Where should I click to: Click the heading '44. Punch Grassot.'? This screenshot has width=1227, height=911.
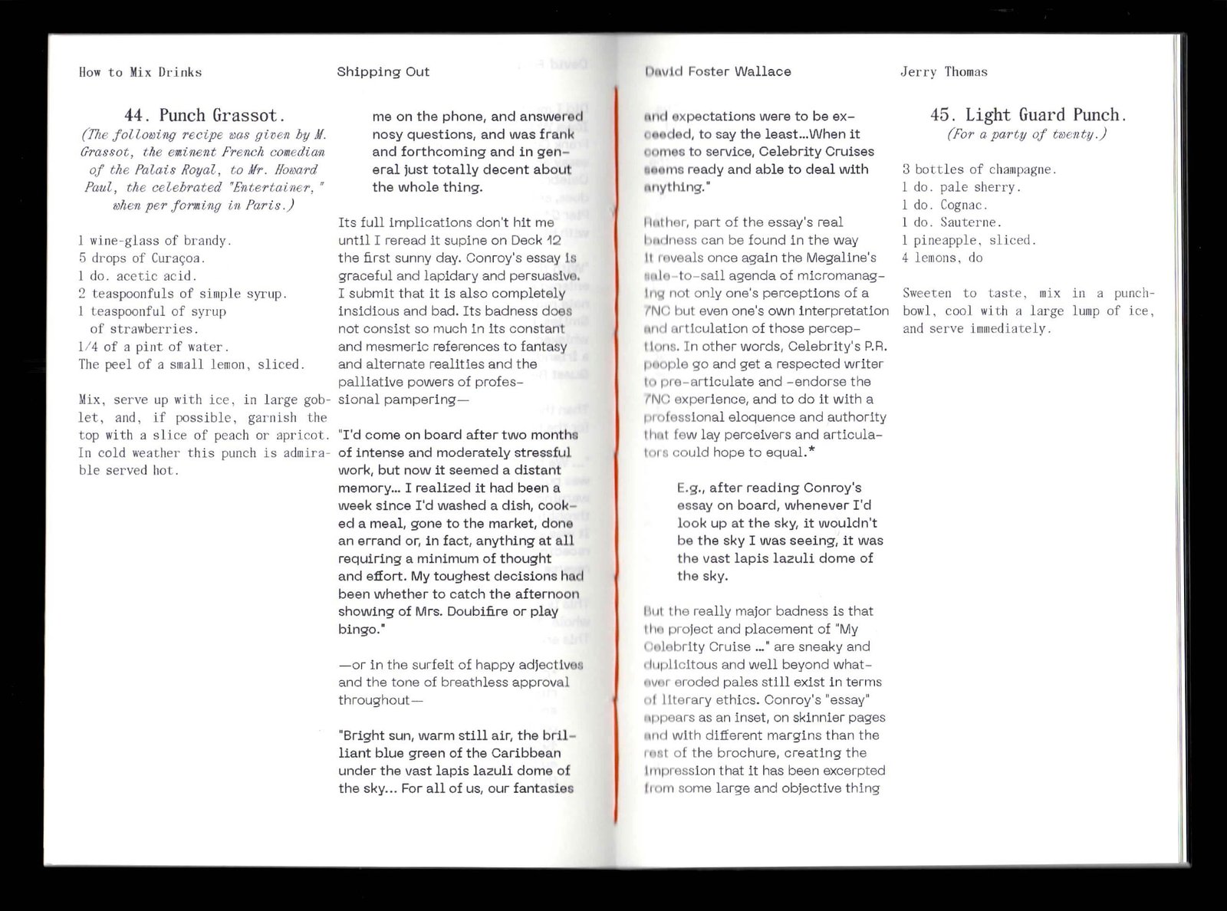pyautogui.click(x=205, y=116)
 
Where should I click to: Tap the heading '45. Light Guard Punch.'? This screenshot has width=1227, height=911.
pyautogui.click(x=1028, y=115)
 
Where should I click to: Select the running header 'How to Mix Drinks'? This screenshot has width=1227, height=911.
pyautogui.click(x=140, y=72)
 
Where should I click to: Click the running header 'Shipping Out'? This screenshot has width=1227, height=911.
pyautogui.click(x=383, y=72)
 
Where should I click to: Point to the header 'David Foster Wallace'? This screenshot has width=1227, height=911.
pyautogui.click(x=718, y=71)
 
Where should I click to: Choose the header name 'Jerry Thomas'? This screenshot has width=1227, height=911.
pyautogui.click(x=943, y=72)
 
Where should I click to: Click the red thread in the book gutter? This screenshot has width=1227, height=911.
pyautogui.click(x=615, y=460)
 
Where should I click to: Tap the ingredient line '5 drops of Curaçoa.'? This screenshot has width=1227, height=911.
pyautogui.click(x=142, y=258)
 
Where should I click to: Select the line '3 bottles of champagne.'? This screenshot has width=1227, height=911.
pyautogui.click(x=979, y=169)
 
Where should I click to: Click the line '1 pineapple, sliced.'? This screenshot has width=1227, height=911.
pyautogui.click(x=969, y=240)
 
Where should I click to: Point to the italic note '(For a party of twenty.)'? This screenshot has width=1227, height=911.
pyautogui.click(x=1028, y=134)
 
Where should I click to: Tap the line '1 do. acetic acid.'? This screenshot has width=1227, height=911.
pyautogui.click(x=138, y=276)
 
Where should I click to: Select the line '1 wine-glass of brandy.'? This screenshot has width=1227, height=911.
pyautogui.click(x=155, y=241)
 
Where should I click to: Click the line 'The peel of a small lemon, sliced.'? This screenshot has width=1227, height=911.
pyautogui.click(x=192, y=364)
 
